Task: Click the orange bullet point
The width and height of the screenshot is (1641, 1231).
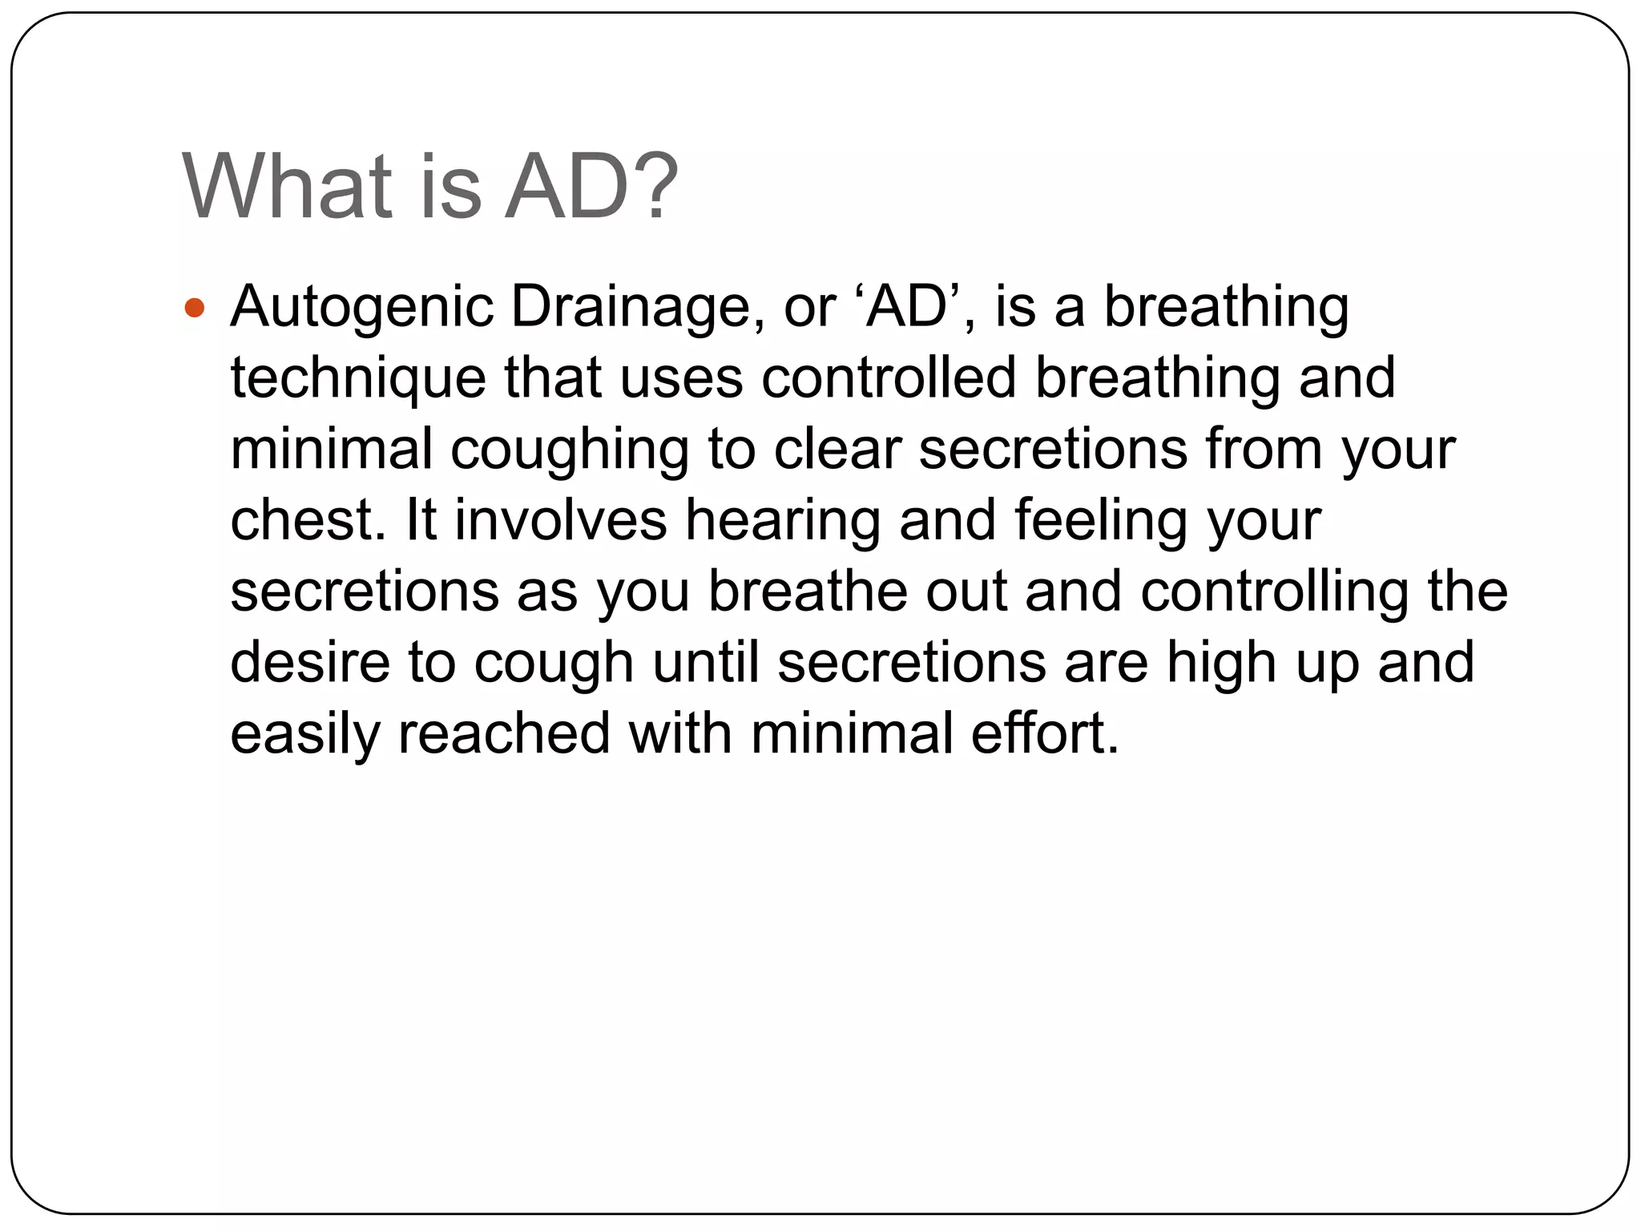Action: pyautogui.click(x=195, y=308)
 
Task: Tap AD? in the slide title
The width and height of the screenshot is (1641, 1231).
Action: pyautogui.click(x=591, y=187)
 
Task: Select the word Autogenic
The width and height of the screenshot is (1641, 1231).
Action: pyautogui.click(x=361, y=308)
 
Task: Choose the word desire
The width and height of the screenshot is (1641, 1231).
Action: pyautogui.click(x=310, y=663)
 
